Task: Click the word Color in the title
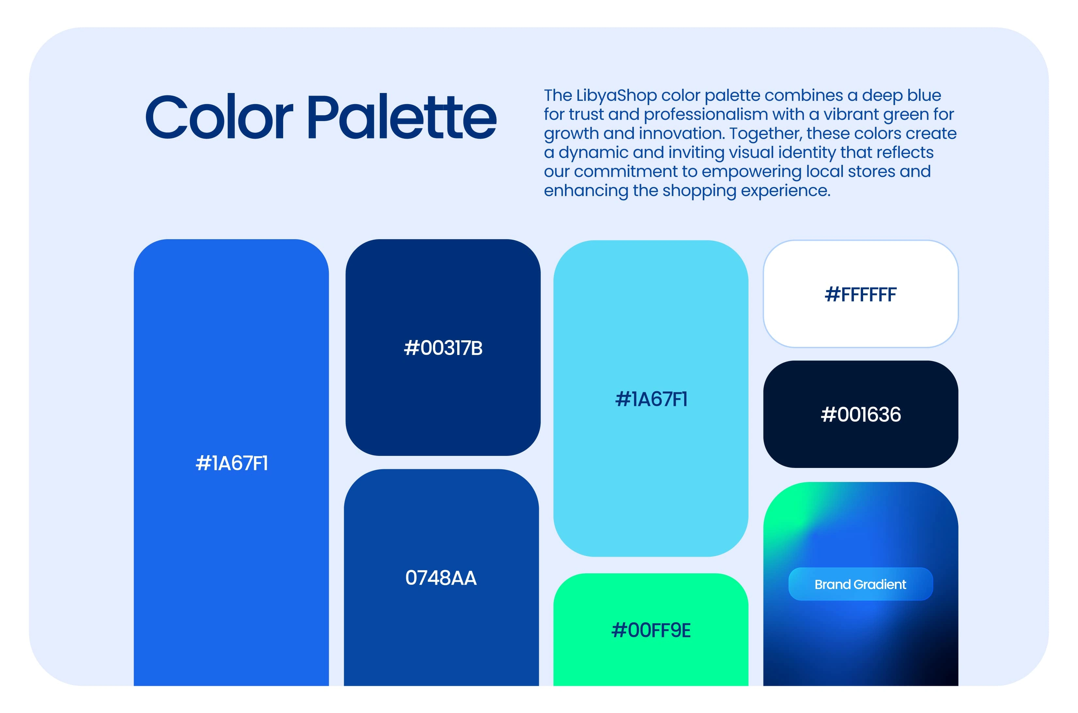pos(219,117)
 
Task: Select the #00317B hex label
pos(443,348)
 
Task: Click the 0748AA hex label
pos(441,578)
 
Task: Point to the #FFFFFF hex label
pos(861,295)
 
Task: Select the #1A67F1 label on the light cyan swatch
pos(651,399)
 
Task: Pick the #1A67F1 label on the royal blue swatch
pos(231,463)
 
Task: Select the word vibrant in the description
pos(850,115)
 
